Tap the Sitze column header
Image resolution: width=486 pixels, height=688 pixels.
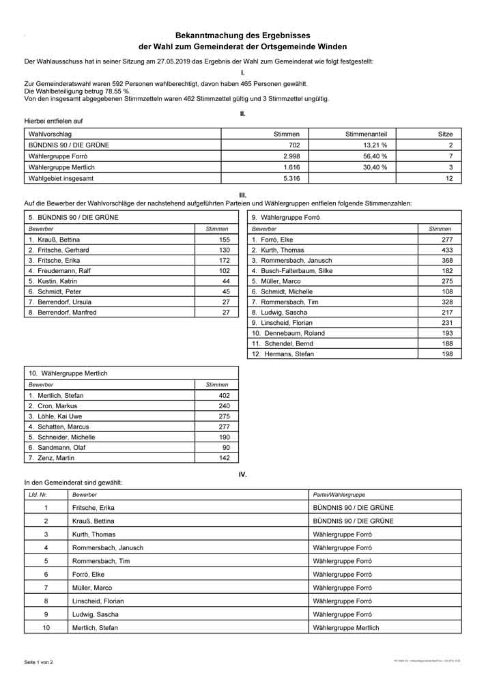click(445, 134)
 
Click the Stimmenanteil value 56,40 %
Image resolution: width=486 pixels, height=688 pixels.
click(375, 156)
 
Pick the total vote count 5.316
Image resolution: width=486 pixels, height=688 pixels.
click(291, 178)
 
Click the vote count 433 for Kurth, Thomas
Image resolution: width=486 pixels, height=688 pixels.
click(447, 250)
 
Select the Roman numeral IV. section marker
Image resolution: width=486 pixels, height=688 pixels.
click(243, 474)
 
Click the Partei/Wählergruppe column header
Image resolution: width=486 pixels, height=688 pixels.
click(339, 493)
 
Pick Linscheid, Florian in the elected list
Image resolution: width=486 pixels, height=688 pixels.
click(98, 601)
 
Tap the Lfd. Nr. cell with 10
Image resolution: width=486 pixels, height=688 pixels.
click(46, 627)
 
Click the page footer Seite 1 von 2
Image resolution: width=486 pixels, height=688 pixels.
click(38, 662)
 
